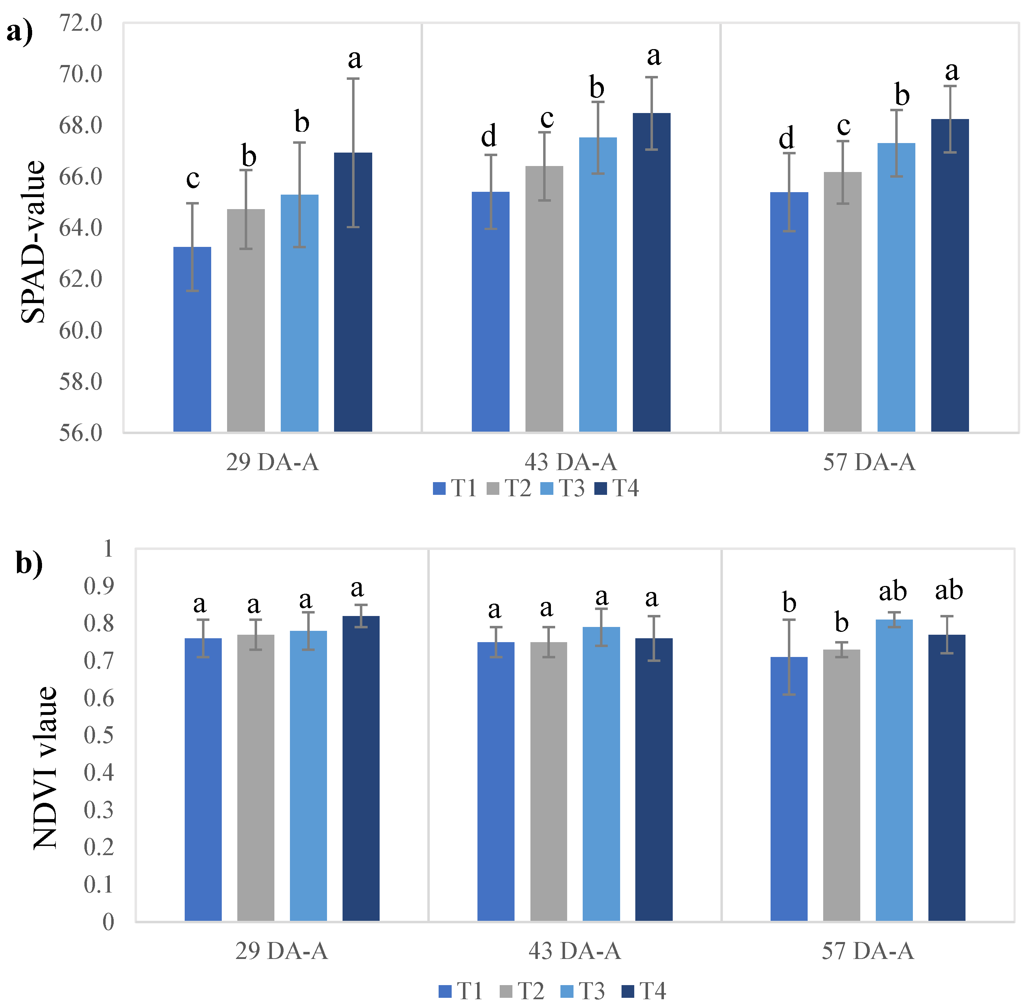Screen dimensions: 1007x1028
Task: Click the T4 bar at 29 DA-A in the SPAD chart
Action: pyautogui.click(x=353, y=317)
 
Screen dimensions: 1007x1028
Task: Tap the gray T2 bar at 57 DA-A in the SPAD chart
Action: pyautogui.click(x=842, y=317)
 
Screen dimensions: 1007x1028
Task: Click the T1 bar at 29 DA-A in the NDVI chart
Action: pyautogui.click(x=203, y=793)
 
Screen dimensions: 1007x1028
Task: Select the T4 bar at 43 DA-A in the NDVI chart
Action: pyautogui.click(x=654, y=793)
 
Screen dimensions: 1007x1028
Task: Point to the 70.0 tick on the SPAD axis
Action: pyautogui.click(x=81, y=75)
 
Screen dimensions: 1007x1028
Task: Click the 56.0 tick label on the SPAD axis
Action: pyautogui.click(x=81, y=433)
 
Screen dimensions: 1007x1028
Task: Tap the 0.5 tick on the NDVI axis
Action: pyautogui.click(x=99, y=735)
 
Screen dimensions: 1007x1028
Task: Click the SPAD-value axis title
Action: pyautogui.click(x=33, y=242)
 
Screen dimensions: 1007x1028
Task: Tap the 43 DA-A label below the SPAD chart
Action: pyautogui.click(x=571, y=462)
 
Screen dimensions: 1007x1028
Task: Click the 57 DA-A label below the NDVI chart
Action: pyautogui.click(x=867, y=951)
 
